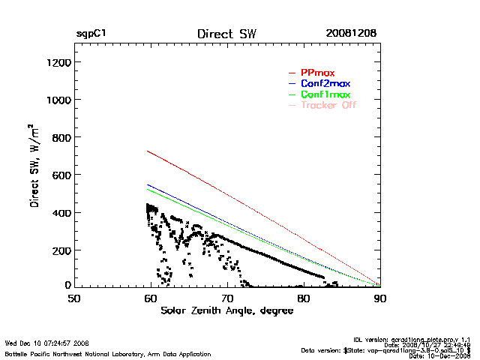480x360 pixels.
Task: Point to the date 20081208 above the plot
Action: tap(351, 34)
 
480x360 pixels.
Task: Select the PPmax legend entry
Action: tap(317, 73)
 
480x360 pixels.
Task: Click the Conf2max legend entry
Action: tap(325, 83)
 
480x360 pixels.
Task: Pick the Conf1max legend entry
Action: tap(325, 94)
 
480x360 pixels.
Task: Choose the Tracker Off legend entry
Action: tap(328, 105)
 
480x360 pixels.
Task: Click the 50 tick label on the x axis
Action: tap(74, 298)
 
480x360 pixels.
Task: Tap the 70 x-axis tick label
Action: tap(227, 298)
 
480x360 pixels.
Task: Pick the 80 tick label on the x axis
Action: tap(304, 298)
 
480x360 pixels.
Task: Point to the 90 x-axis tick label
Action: tap(380, 298)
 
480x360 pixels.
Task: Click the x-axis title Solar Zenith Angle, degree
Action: tap(227, 310)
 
